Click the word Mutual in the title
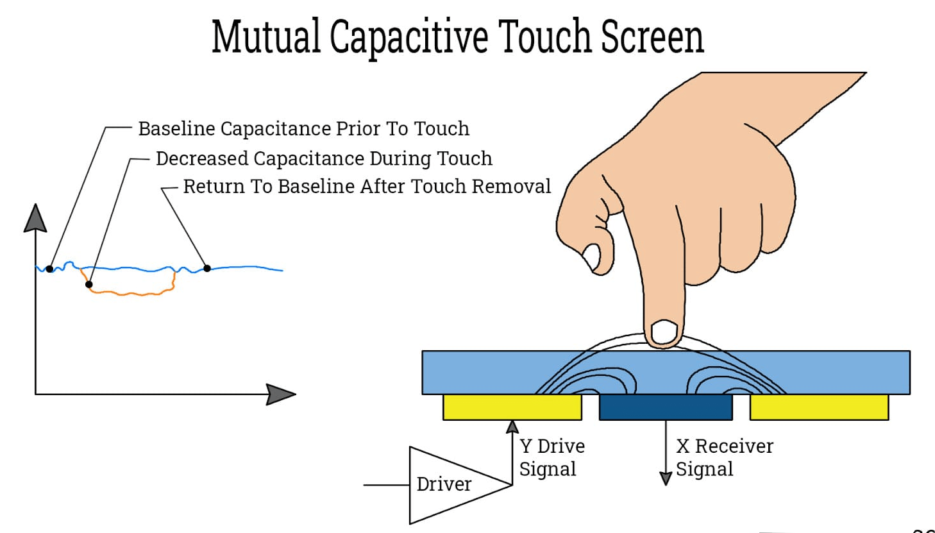click(x=265, y=37)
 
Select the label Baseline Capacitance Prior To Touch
click(x=303, y=128)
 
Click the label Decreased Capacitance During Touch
click(x=324, y=158)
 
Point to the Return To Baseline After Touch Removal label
click(x=367, y=186)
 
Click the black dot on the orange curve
click(x=88, y=284)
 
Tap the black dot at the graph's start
click(x=49, y=269)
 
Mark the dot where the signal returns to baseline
click(x=207, y=268)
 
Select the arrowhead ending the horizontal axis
click(x=280, y=394)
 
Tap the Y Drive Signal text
click(x=552, y=457)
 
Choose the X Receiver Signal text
click(x=724, y=457)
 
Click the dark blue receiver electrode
click(x=666, y=407)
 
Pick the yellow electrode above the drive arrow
click(x=512, y=407)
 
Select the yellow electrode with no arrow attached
click(x=819, y=407)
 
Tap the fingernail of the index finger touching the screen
click(x=664, y=332)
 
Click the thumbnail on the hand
click(x=591, y=257)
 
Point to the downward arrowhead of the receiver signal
click(x=666, y=478)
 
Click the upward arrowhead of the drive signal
click(x=512, y=427)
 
